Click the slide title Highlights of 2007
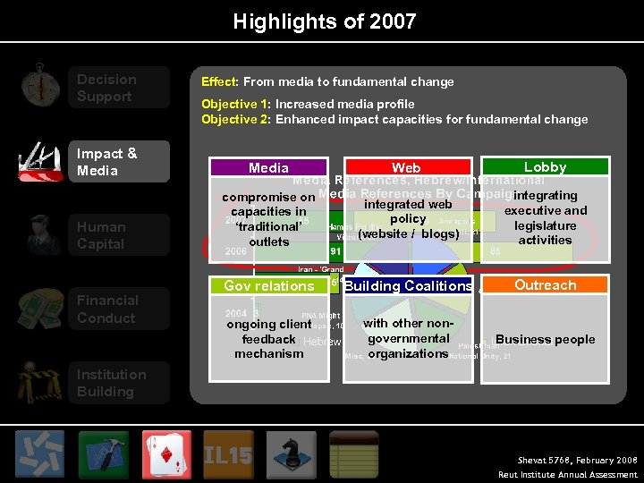[325, 21]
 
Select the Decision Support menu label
[106, 88]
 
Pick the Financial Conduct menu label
[106, 309]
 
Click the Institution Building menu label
[111, 383]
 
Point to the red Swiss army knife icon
[39, 162]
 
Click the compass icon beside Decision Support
[39, 86]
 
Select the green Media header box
[268, 167]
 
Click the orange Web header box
[406, 167]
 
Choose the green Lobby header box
[545, 166]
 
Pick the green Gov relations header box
[268, 285]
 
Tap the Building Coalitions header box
[407, 285]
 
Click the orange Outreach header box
[545, 284]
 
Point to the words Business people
[545, 339]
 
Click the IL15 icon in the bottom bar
[227, 453]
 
